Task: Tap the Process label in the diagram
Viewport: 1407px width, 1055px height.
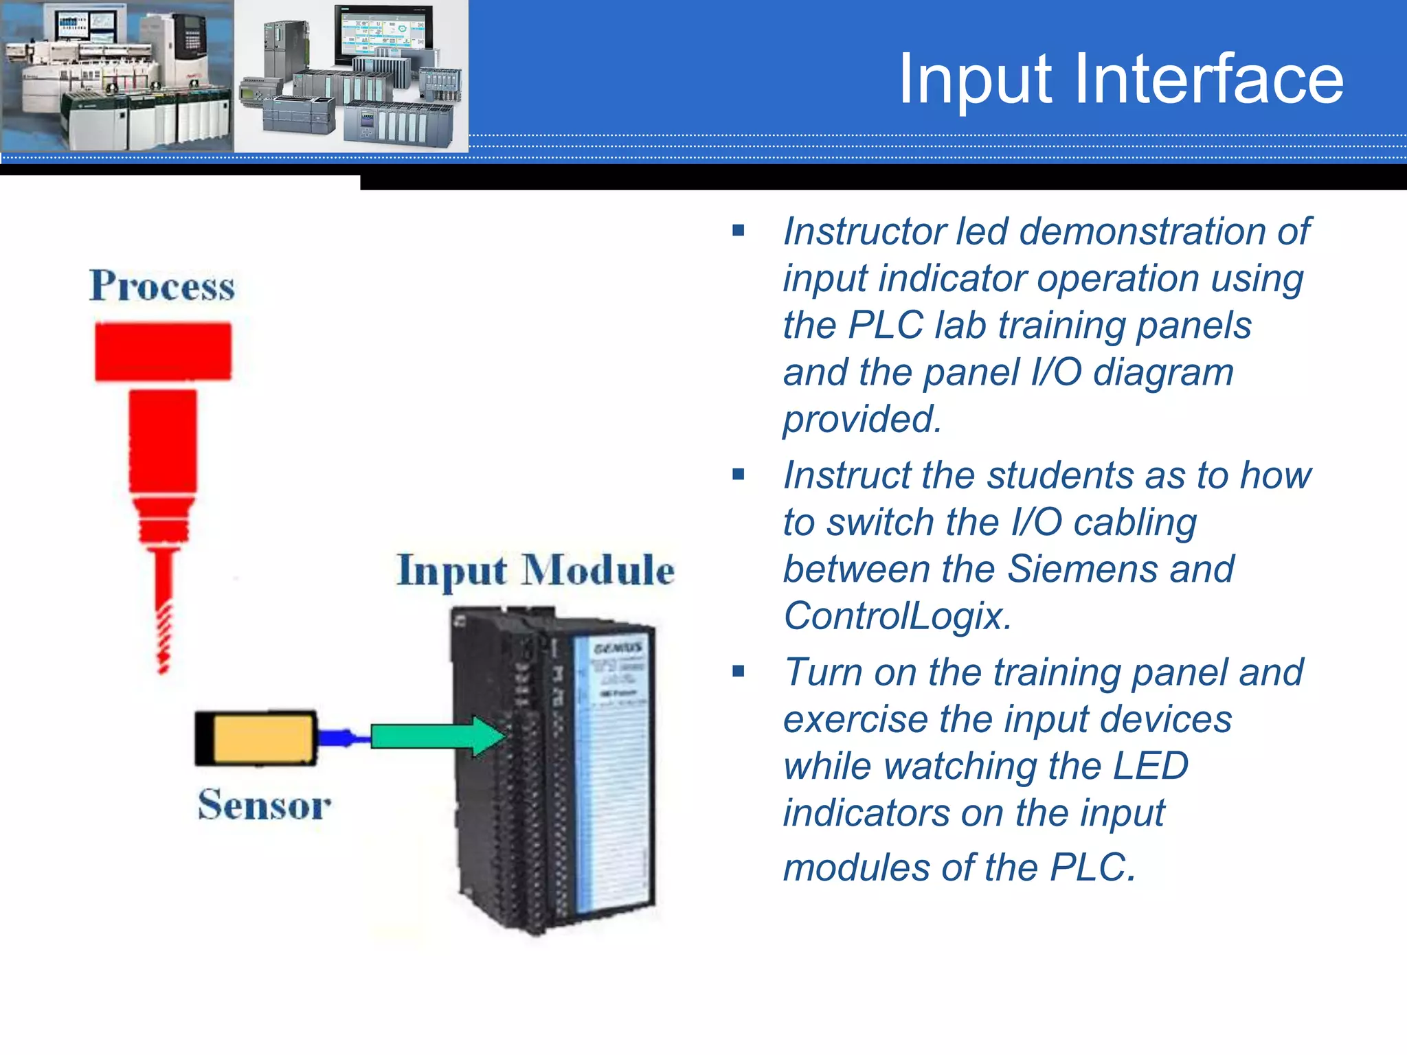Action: pyautogui.click(x=162, y=286)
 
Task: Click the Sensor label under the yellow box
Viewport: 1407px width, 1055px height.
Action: pyautogui.click(x=264, y=805)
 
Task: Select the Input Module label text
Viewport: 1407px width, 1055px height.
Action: pyautogui.click(x=536, y=570)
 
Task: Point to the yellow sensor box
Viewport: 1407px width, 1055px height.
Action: pyautogui.click(x=264, y=738)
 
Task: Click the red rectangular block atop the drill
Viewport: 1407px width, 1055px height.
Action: pyautogui.click(x=163, y=351)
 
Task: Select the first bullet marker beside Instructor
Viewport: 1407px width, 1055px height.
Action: pyautogui.click(x=739, y=231)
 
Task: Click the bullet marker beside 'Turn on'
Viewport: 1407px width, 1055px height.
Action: pyautogui.click(x=739, y=671)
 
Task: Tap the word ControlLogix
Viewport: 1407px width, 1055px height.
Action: pyautogui.click(x=897, y=615)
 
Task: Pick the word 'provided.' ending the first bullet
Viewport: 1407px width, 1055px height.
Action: pyautogui.click(x=862, y=419)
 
